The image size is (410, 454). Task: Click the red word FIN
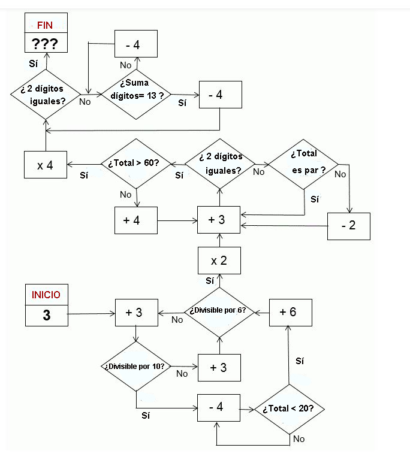(x=46, y=25)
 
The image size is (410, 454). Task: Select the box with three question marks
(x=46, y=43)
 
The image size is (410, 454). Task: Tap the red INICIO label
(x=46, y=295)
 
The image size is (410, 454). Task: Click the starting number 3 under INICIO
(x=46, y=316)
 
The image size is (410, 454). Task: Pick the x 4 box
(x=45, y=165)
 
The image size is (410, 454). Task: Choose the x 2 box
(x=219, y=261)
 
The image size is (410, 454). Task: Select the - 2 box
(x=348, y=226)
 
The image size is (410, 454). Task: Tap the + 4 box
(x=135, y=220)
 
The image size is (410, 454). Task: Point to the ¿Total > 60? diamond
(x=138, y=164)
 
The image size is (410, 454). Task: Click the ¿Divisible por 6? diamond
(x=219, y=311)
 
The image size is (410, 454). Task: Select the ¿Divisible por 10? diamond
(x=137, y=366)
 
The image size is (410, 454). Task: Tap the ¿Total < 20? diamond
(x=290, y=409)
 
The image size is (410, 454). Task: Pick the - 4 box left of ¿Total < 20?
(x=219, y=407)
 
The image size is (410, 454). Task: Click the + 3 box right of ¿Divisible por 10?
(x=219, y=367)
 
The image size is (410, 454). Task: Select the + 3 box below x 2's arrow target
(x=219, y=220)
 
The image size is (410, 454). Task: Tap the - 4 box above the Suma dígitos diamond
(x=136, y=44)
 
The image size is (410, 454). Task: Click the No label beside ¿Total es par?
(x=340, y=174)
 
